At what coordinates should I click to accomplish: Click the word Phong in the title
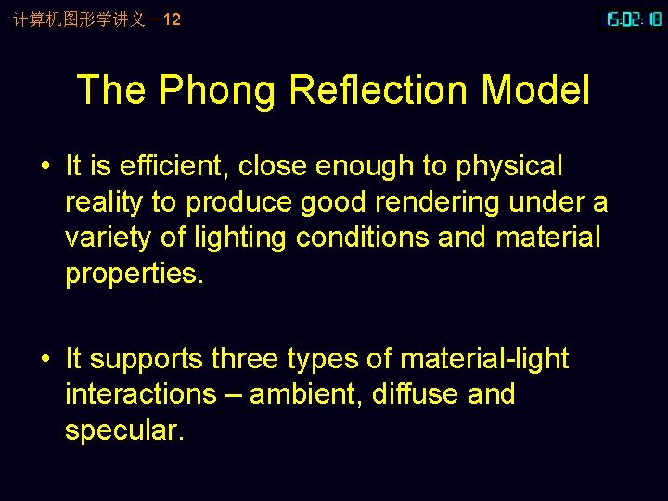pyautogui.click(x=218, y=91)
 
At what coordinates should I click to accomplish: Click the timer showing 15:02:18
pyautogui.click(x=634, y=19)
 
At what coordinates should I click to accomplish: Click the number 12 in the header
pyautogui.click(x=172, y=19)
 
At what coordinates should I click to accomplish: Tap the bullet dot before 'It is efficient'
pyautogui.click(x=45, y=167)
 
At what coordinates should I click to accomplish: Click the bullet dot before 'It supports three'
pyautogui.click(x=45, y=359)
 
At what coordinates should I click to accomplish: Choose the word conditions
pyautogui.click(x=363, y=238)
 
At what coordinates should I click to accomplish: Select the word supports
pyautogui.click(x=148, y=359)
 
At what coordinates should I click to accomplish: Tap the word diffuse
pyautogui.click(x=415, y=394)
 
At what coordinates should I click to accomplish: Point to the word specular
pyautogui.click(x=124, y=430)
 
